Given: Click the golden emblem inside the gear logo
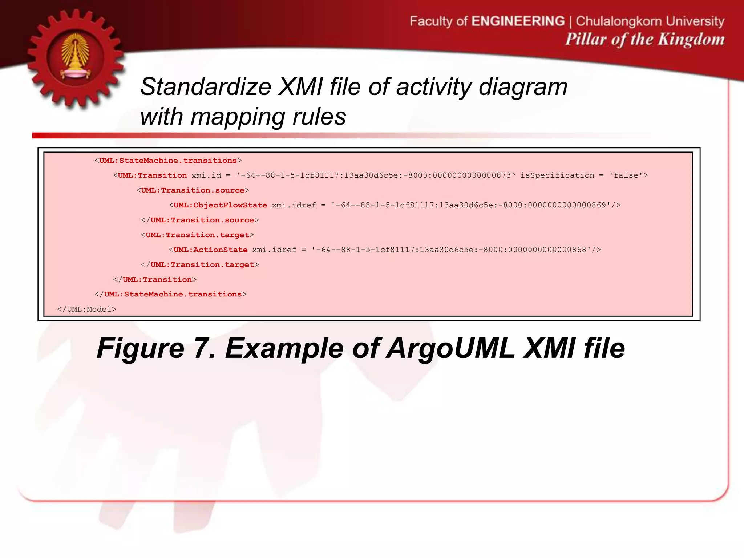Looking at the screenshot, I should [75, 57].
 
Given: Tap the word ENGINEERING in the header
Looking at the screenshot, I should [518, 21].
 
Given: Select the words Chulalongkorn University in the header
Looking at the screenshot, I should [650, 21].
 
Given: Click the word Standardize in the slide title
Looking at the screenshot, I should [206, 87].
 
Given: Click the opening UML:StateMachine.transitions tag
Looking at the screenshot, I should [168, 161].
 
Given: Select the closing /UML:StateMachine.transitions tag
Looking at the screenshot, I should [170, 294].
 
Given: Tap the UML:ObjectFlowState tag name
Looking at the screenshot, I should [220, 205].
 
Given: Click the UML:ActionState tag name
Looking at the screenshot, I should [210, 250].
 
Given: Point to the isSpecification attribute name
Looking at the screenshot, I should [557, 175].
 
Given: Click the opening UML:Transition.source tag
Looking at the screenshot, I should [193, 190].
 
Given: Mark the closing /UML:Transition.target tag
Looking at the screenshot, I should [200, 265].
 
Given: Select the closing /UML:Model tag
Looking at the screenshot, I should [87, 310].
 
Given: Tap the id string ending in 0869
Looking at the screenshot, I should [471, 205].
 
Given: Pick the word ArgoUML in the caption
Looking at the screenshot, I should [450, 348].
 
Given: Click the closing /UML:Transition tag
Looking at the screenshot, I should [155, 280].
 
